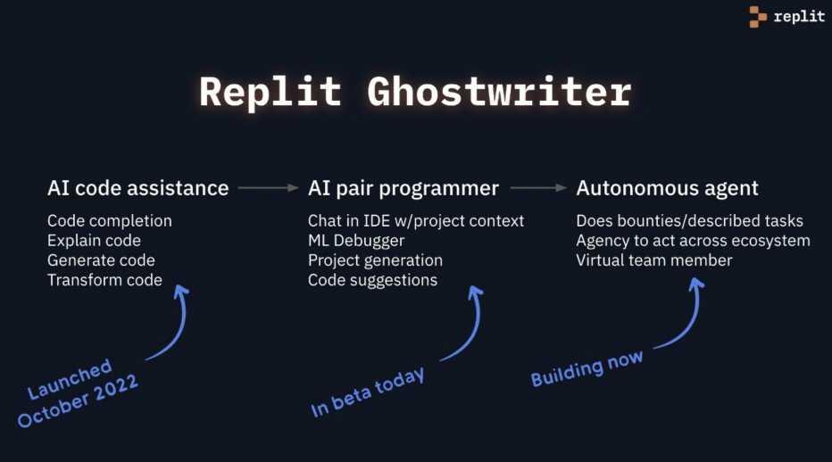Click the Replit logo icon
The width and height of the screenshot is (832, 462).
click(758, 17)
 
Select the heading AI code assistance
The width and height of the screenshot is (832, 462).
click(137, 188)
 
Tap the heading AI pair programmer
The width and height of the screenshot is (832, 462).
click(404, 188)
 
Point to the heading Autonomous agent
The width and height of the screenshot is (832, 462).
click(667, 188)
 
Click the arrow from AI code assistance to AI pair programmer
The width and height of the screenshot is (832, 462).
click(268, 188)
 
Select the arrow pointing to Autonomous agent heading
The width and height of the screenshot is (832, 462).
click(538, 188)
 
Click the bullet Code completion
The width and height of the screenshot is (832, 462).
click(110, 220)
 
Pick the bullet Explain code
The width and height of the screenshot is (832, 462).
click(94, 240)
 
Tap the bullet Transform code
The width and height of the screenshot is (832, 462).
click(104, 280)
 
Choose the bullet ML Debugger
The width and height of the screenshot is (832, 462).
click(356, 240)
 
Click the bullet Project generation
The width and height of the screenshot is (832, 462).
click(375, 260)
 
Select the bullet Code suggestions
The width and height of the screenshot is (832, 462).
click(372, 280)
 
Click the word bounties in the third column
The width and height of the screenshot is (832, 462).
click(643, 220)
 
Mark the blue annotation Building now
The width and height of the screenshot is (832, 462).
click(587, 367)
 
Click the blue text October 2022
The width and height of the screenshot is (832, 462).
click(78, 400)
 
